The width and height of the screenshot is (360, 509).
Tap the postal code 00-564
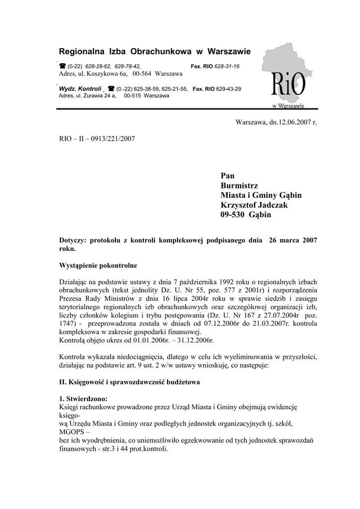click(x=143, y=74)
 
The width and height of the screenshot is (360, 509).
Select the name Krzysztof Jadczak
click(x=254, y=205)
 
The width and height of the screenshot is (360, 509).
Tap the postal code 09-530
click(x=235, y=215)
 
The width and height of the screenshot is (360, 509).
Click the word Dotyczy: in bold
click(x=73, y=240)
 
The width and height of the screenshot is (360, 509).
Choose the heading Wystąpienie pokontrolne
click(x=98, y=265)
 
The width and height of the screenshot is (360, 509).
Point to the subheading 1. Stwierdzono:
click(x=83, y=399)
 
